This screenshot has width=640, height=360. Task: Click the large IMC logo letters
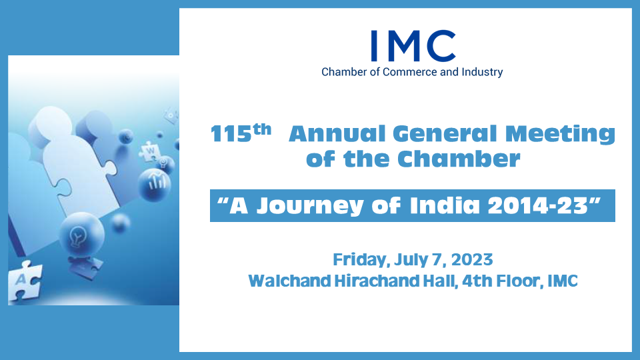point(413,46)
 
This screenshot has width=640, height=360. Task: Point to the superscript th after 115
point(262,129)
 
